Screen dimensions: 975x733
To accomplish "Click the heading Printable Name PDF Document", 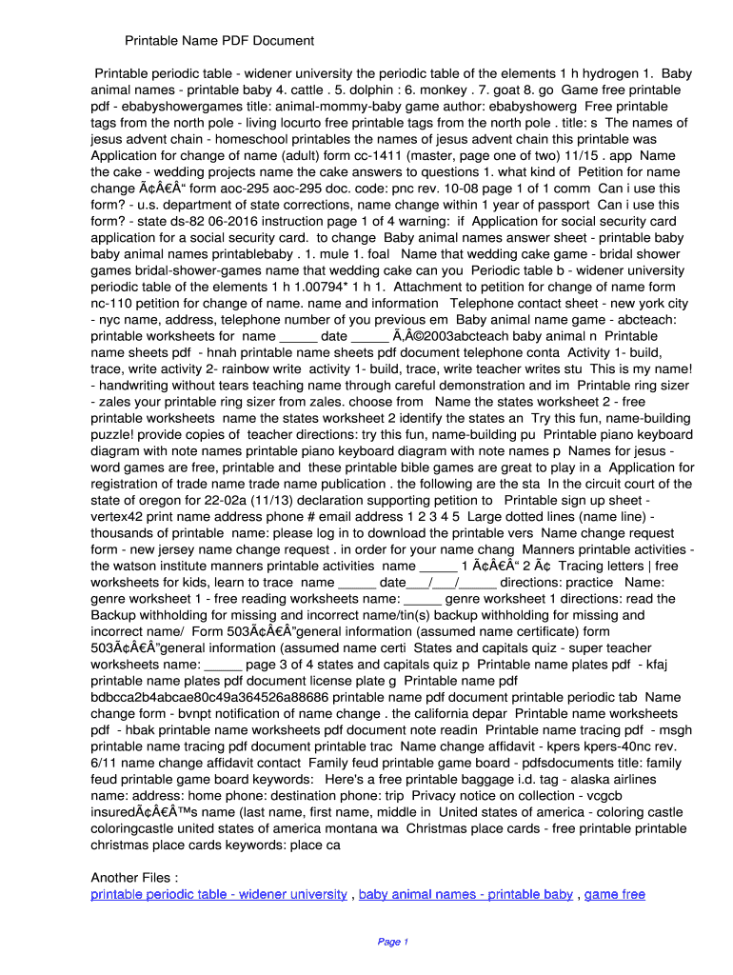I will (x=219, y=41).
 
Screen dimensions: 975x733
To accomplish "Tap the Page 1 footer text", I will (x=392, y=942).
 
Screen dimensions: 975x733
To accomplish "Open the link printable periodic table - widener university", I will (x=218, y=894).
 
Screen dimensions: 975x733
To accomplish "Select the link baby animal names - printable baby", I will (x=466, y=894).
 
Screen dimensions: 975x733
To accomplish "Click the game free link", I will (x=614, y=894).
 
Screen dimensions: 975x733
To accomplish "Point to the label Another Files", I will (x=134, y=877).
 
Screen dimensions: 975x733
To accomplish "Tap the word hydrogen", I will (x=607, y=73).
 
